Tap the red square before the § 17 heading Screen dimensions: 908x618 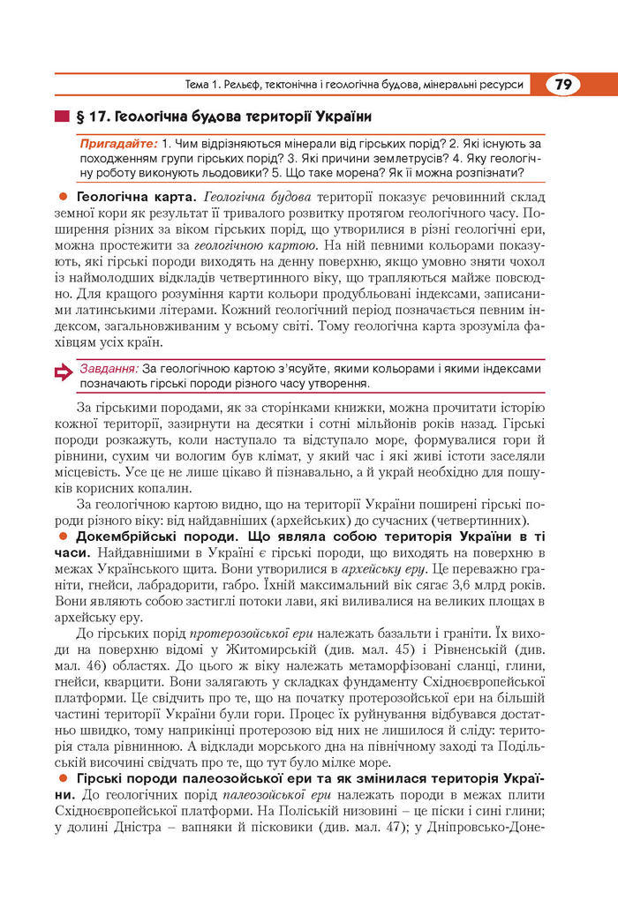point(61,116)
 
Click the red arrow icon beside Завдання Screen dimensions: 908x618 point(64,375)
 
